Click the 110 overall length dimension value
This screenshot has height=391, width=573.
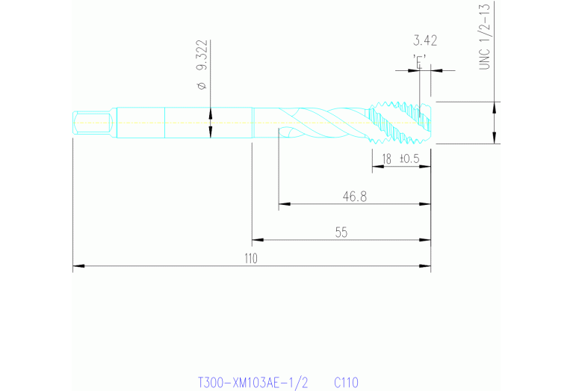pos(250,259)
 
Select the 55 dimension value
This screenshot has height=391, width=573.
pos(341,233)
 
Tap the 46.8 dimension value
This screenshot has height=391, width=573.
pos(355,196)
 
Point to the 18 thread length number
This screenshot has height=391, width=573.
pos(386,158)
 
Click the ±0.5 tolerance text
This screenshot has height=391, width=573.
pos(409,158)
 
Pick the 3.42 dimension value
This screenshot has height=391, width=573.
pos(424,40)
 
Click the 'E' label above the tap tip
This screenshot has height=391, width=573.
pos(419,61)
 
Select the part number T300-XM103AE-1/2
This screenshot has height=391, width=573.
pos(253,382)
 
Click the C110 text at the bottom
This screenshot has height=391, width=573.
pos(347,382)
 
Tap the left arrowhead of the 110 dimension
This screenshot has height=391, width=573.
pos(76,265)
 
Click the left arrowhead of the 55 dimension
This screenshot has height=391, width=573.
pos(256,240)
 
